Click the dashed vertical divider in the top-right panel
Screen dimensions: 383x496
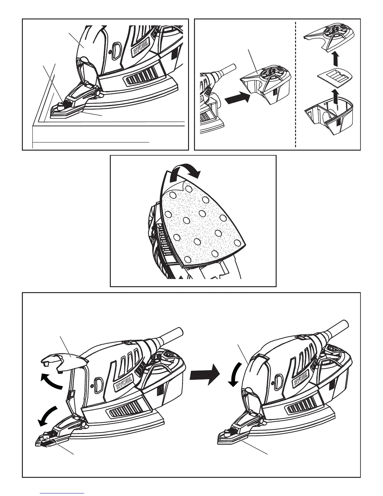click(296, 85)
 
